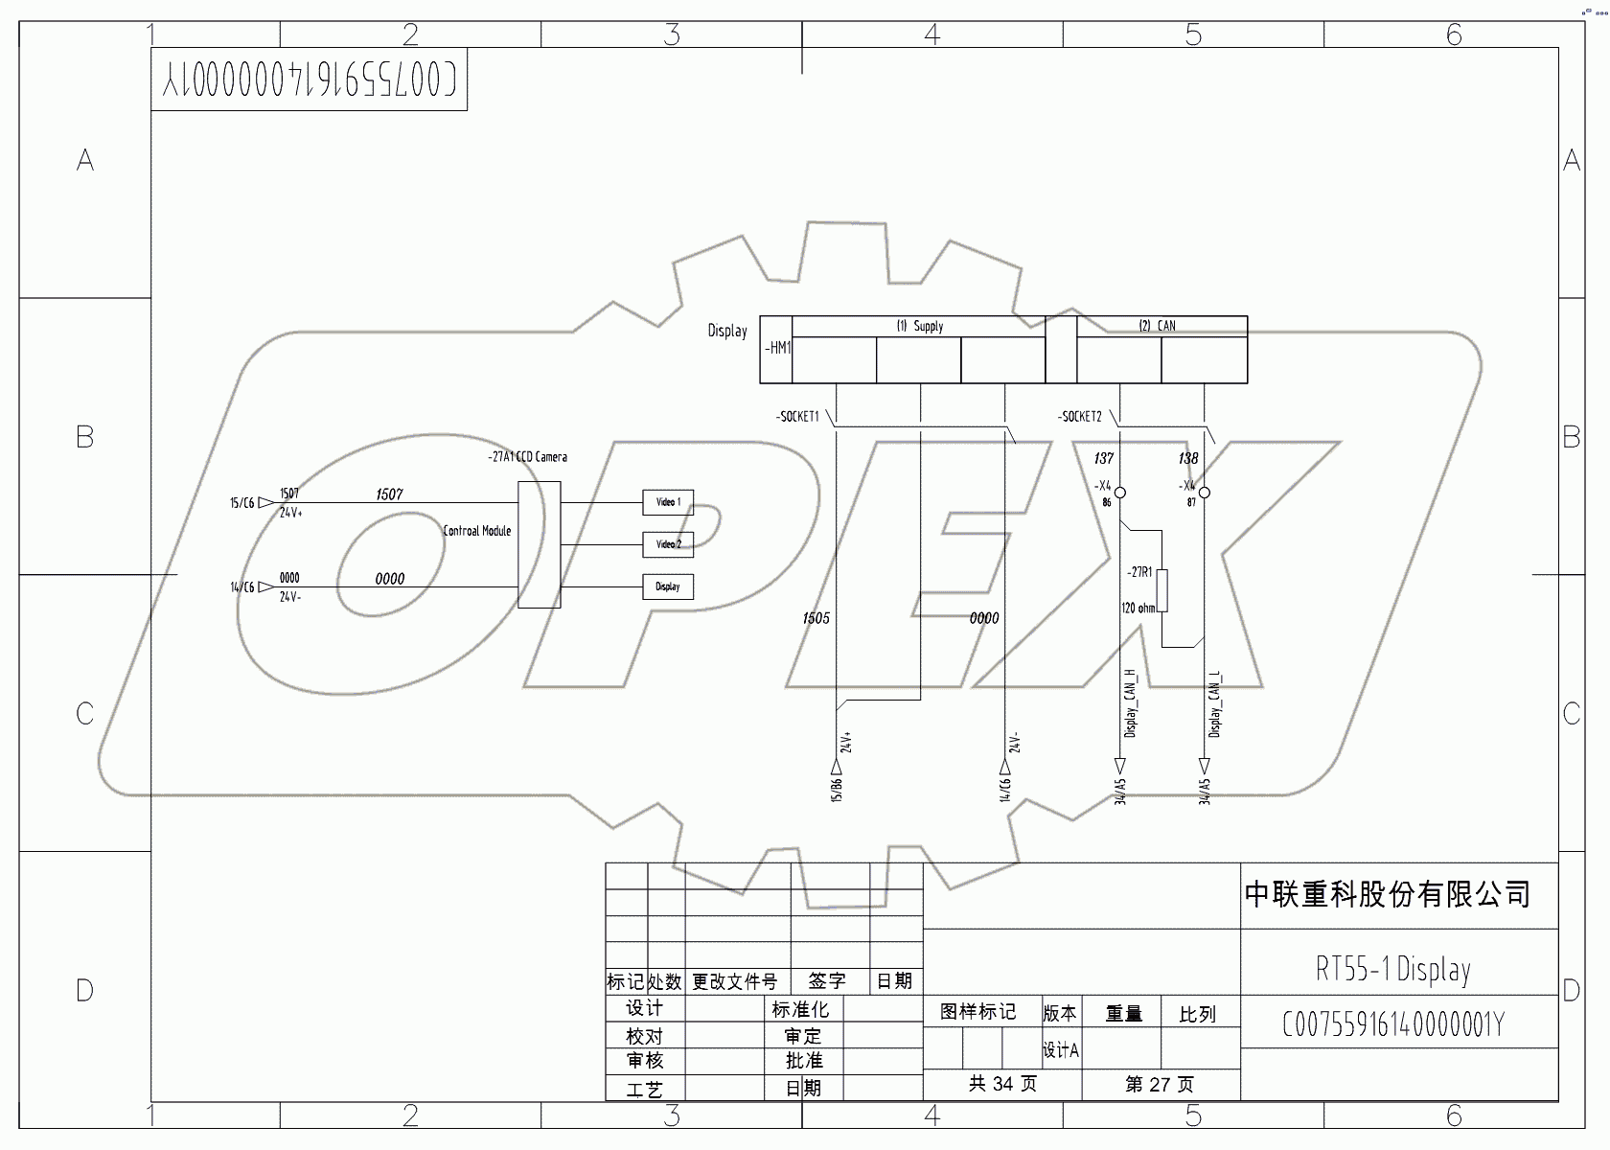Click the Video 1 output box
pos(668,502)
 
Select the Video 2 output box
pos(668,544)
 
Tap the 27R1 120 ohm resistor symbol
pos(1162,590)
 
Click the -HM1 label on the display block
pos(777,349)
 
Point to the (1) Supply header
pos(919,326)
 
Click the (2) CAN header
pos(1157,326)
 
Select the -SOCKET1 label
pos(797,417)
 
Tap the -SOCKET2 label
pos(1080,417)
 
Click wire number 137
pos(1103,458)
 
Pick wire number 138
pos(1188,458)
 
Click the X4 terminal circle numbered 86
pos(1120,493)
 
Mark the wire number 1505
pos(816,618)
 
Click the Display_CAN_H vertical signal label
pos(1131,703)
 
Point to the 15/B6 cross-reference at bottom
pos(837,790)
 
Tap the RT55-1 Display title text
pos(1392,969)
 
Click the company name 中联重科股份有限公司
pos(1387,894)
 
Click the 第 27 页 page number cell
pos(1160,1085)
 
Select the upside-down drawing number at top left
pos(309,80)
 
